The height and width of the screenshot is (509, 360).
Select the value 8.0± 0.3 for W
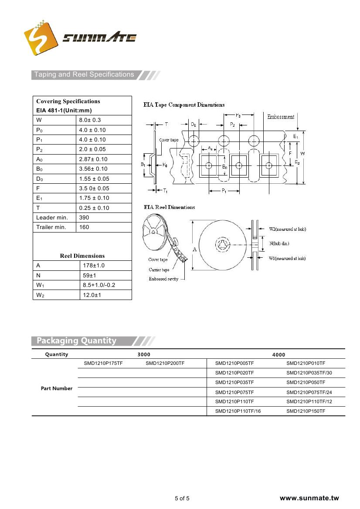pos(90,120)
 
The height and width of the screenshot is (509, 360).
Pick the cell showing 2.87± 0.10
pos(93,159)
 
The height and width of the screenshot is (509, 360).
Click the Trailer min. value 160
pos(84,227)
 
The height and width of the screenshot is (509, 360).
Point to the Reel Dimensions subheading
pos(82,256)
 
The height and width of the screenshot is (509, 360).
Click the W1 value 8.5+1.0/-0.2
pos(100,285)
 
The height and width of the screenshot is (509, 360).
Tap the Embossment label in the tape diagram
pos(280,117)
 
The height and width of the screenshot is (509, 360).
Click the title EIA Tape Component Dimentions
pos(184,105)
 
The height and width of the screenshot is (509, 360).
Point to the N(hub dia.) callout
pos(279,243)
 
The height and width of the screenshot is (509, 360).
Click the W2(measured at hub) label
pos(287,229)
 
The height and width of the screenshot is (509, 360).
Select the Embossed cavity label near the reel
pos(163,279)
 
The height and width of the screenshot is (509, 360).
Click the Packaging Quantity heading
pos(77,340)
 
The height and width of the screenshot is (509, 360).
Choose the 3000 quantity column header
pos(143,355)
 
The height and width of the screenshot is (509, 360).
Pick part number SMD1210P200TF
pos(165,363)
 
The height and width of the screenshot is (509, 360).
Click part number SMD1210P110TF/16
pos(238,411)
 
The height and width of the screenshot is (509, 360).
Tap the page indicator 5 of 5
pos(182,499)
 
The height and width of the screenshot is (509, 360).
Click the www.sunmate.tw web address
pos(309,498)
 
